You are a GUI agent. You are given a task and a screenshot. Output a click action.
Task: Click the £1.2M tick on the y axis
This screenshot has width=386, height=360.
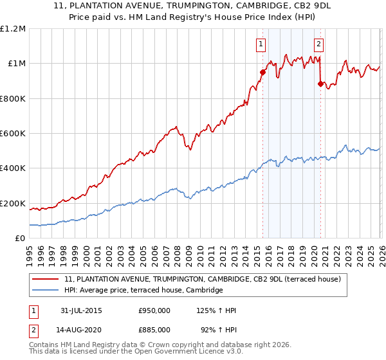13,28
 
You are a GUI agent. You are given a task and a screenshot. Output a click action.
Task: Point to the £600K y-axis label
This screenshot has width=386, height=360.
13,134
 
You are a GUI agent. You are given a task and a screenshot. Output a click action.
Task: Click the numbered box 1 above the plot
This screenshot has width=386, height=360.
261,44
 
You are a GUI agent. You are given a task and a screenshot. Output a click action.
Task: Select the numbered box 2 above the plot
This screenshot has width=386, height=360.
318,44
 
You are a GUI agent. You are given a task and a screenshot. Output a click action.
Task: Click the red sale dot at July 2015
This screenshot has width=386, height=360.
262,73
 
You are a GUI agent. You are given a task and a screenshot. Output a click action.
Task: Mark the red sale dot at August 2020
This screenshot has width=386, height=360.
320,84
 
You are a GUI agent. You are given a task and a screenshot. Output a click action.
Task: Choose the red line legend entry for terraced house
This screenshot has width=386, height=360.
206,280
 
